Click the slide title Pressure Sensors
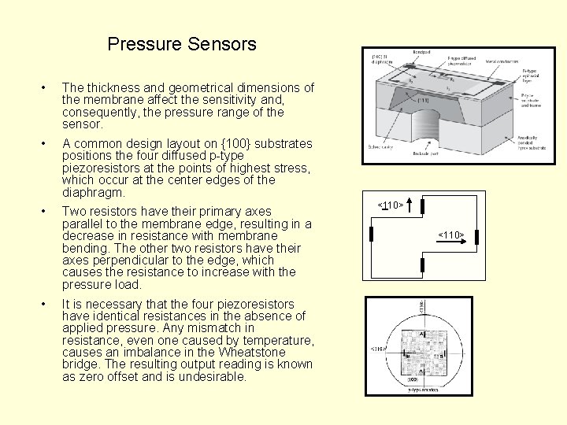pos(182,44)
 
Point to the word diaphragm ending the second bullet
pos(94,192)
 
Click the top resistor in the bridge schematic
pos(423,206)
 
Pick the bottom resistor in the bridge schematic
pos(423,264)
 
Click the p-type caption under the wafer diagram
pos(423,390)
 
